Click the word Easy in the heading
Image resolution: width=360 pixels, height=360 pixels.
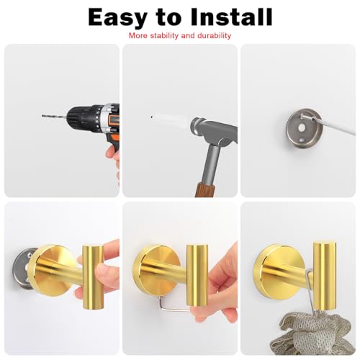pyautogui.click(x=117, y=17)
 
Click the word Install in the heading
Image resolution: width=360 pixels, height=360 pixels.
pyautogui.click(x=231, y=17)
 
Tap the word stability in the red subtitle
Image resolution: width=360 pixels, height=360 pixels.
pyautogui.click(x=164, y=36)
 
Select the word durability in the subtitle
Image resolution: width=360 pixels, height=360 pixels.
pyautogui.click(x=214, y=36)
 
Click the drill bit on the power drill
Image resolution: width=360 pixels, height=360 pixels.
pyautogui.click(x=54, y=117)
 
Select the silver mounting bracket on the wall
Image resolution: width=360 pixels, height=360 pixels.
pyautogui.click(x=304, y=128)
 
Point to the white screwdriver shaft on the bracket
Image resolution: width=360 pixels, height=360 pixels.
pyautogui.click(x=329, y=124)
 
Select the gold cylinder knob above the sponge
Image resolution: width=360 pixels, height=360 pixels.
pyautogui.click(x=325, y=277)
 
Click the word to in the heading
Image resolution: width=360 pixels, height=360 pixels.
pyautogui.click(x=168, y=17)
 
